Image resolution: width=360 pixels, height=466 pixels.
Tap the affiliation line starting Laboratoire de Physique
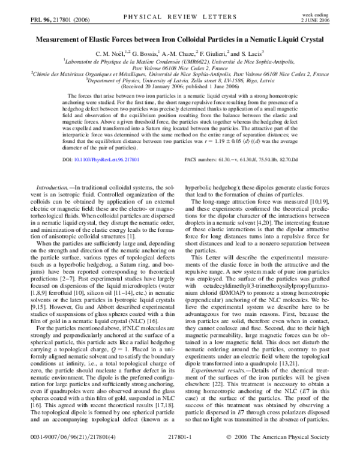pos(180,61)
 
